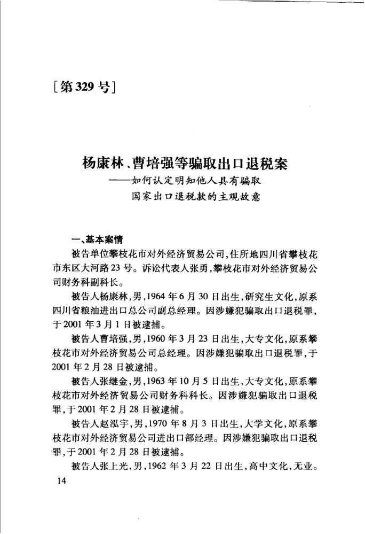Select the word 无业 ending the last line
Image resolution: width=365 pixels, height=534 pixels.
[x=307, y=468]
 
